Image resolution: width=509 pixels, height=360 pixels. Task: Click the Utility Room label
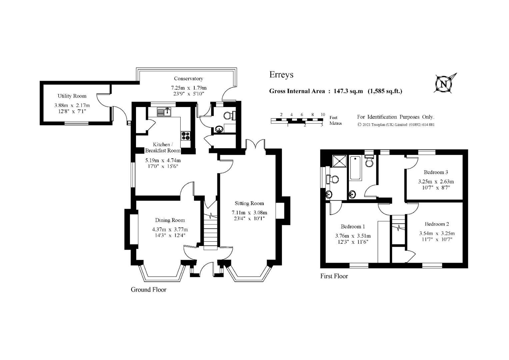(72, 96)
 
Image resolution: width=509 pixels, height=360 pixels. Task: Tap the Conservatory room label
(188, 79)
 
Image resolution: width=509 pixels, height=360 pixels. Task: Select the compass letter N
(443, 84)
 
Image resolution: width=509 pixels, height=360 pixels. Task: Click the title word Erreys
(281, 75)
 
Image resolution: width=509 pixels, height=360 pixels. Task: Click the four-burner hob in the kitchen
(186, 136)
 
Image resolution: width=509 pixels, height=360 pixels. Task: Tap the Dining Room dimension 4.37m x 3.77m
(170, 230)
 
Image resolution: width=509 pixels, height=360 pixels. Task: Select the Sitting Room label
(249, 203)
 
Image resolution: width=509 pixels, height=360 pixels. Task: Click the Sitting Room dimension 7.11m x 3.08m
(249, 213)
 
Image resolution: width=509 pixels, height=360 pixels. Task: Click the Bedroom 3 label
(436, 172)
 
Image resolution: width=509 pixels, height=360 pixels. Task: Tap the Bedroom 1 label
(353, 226)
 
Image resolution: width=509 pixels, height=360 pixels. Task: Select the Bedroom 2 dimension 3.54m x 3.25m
(437, 233)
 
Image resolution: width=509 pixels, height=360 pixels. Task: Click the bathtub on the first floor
(356, 168)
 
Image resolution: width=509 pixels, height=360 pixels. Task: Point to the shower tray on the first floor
(339, 161)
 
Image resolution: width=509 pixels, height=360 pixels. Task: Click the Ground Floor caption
(149, 290)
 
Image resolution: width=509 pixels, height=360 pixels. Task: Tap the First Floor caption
(334, 276)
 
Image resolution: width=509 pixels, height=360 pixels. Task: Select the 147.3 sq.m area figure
(348, 91)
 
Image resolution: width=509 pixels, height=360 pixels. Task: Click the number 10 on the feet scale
(323, 115)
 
